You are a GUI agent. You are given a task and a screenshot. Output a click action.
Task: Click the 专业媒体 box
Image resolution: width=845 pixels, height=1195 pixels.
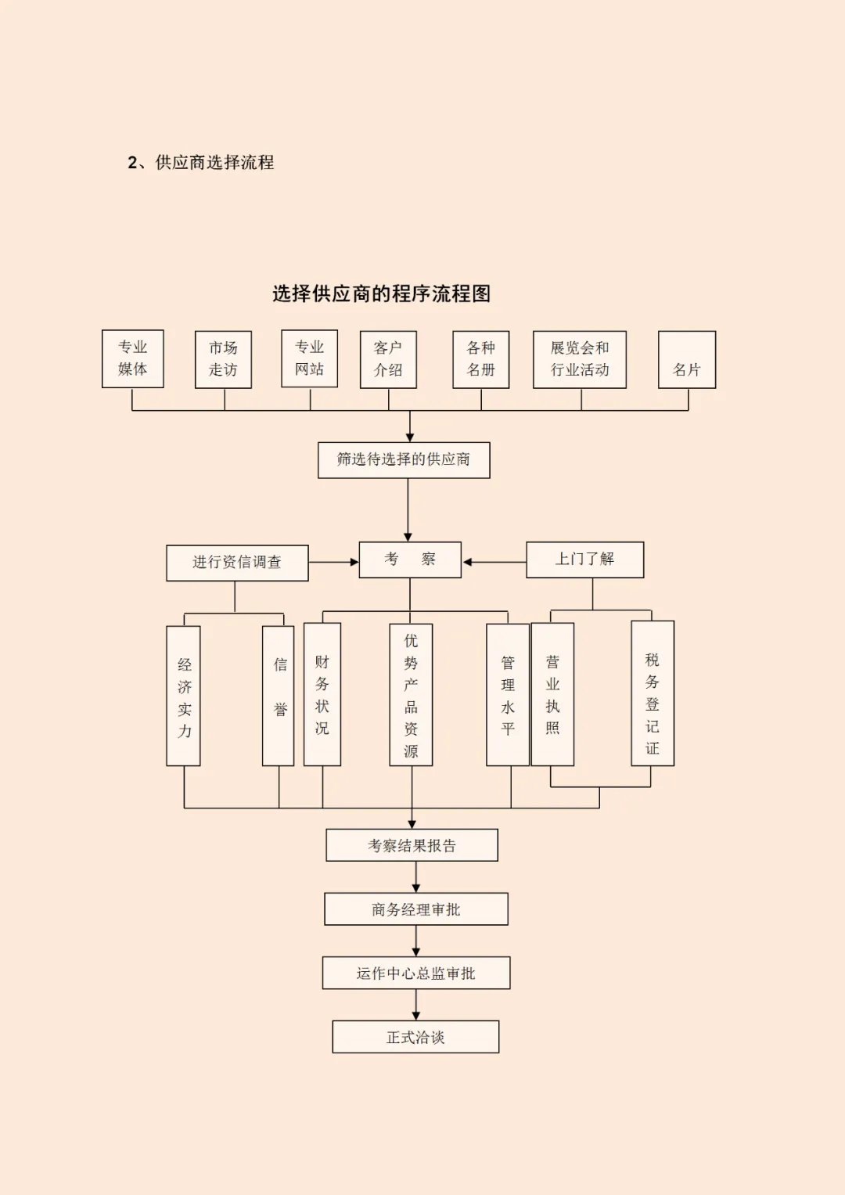point(132,358)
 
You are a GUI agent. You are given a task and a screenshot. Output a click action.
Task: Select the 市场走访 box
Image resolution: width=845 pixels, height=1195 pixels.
point(223,359)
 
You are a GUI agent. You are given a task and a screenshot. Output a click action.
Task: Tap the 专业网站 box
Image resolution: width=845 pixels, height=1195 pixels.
point(309,358)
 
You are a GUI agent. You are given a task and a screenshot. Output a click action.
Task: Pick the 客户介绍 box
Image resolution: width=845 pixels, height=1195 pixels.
point(388,359)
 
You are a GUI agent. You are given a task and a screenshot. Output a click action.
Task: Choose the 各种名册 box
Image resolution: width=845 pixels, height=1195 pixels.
point(480,359)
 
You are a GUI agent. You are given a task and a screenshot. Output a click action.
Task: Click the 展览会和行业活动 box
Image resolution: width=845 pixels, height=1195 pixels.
point(580,359)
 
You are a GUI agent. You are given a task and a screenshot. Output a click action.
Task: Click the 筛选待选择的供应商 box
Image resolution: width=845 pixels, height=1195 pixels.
point(404,459)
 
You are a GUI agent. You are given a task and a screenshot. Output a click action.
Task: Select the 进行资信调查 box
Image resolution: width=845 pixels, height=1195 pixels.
point(237,563)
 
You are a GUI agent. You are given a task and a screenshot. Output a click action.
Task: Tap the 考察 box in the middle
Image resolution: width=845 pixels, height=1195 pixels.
point(410,560)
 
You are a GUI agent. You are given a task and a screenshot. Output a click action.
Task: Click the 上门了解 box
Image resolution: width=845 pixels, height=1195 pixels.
point(584,560)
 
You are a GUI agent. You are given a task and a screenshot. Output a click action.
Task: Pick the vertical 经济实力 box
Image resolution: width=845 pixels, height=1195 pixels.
point(184,696)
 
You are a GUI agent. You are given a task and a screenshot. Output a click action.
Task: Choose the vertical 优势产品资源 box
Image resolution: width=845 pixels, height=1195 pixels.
point(411,694)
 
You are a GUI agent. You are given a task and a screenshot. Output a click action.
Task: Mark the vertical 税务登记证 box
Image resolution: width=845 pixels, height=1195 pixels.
point(653,693)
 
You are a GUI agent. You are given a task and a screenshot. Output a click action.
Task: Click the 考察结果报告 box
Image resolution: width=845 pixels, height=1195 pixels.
point(412,845)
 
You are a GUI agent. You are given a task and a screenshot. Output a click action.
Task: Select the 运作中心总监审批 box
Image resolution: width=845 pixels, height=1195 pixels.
point(416,973)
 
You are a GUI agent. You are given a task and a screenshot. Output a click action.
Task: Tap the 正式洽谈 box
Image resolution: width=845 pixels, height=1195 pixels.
point(415,1037)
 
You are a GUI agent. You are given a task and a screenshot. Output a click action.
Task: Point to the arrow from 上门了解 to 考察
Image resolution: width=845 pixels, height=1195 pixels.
point(494,562)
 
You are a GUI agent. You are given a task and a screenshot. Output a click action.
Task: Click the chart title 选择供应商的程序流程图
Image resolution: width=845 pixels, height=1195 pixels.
point(382,293)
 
